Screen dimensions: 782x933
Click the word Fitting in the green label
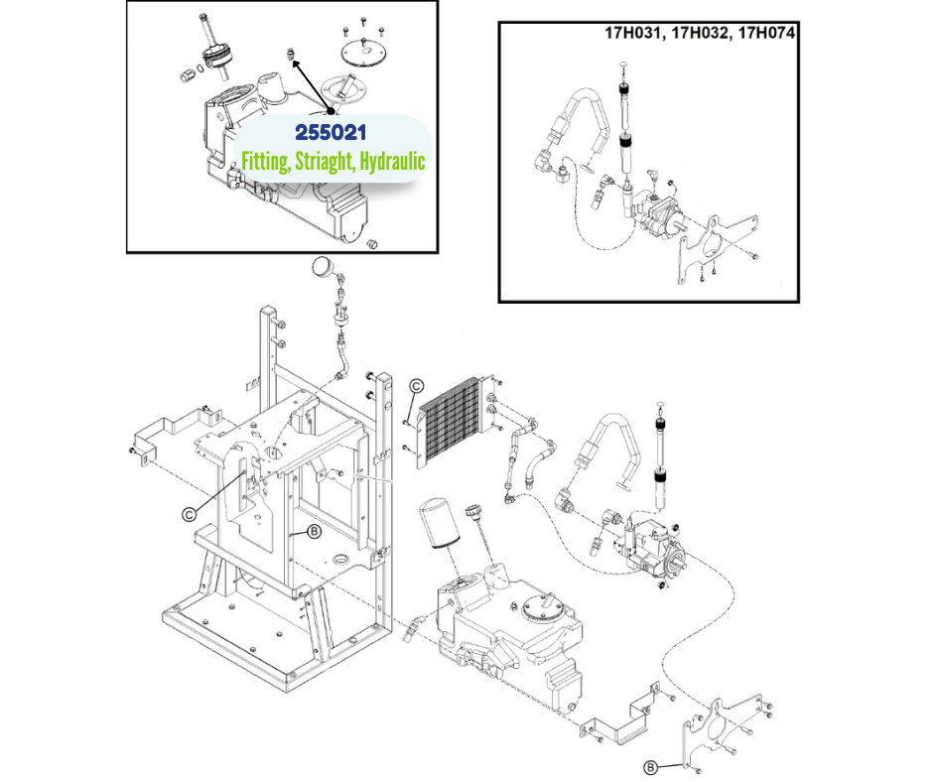pos(266,160)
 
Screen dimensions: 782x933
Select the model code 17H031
pos(636,32)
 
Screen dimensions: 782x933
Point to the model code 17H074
pos(770,32)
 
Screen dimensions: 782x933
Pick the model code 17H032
pos(704,32)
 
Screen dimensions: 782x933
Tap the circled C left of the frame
pos(188,513)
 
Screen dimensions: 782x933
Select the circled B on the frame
pos(314,532)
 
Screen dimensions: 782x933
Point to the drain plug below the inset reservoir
pos(375,242)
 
